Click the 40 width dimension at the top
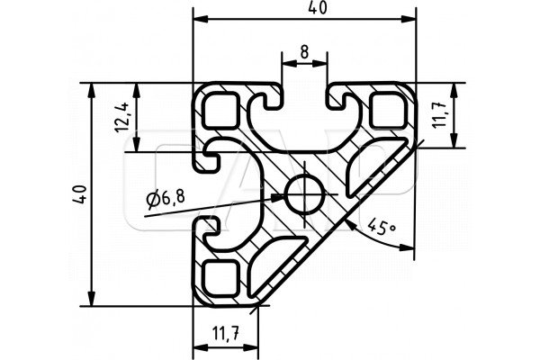317,8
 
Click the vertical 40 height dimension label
81,194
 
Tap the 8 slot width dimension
304,52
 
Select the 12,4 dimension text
122,117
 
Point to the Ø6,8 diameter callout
166,199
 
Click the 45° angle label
382,227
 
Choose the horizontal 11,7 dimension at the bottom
225,334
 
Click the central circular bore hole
305,194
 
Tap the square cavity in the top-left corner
220,110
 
